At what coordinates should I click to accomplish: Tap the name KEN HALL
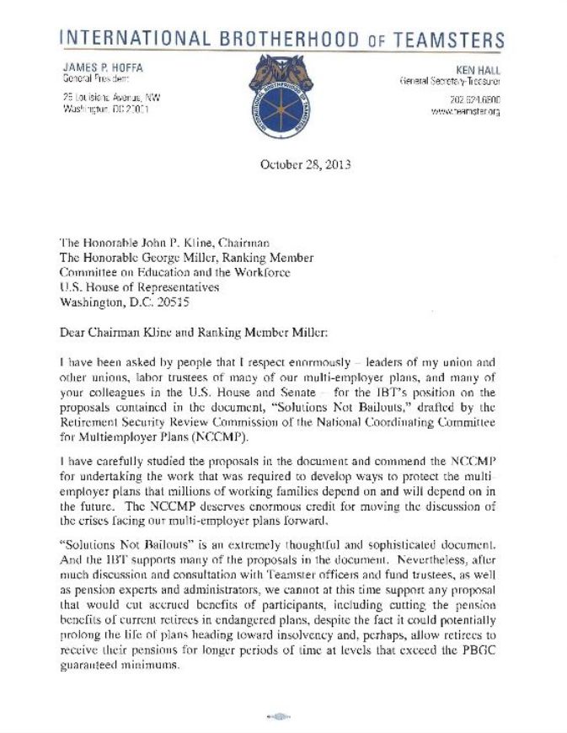pos(479,67)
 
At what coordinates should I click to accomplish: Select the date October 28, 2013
pos(282,165)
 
